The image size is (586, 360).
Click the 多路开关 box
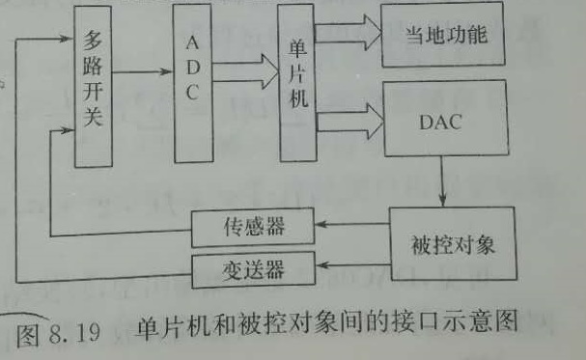[x=93, y=86]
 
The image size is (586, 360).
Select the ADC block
[x=193, y=83]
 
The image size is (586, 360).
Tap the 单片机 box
[x=297, y=83]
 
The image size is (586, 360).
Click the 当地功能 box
[x=443, y=35]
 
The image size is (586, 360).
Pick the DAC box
[x=446, y=118]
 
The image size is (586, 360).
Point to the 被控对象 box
[x=453, y=244]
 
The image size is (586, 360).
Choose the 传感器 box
[x=253, y=228]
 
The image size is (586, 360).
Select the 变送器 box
[x=254, y=269]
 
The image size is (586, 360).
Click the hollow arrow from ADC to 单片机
[x=245, y=71]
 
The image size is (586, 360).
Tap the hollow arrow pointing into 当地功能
[x=349, y=33]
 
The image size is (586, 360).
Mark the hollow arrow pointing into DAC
[x=350, y=122]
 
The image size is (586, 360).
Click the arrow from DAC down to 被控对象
[x=442, y=181]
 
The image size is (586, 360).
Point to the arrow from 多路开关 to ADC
[x=142, y=71]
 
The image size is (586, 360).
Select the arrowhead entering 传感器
[x=321, y=225]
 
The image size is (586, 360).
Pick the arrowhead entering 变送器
[x=322, y=265]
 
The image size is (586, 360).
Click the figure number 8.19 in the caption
[x=74, y=333]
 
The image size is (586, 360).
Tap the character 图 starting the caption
[x=27, y=335]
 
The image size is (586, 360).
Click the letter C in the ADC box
[x=192, y=92]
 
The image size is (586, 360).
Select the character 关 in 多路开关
[x=93, y=115]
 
